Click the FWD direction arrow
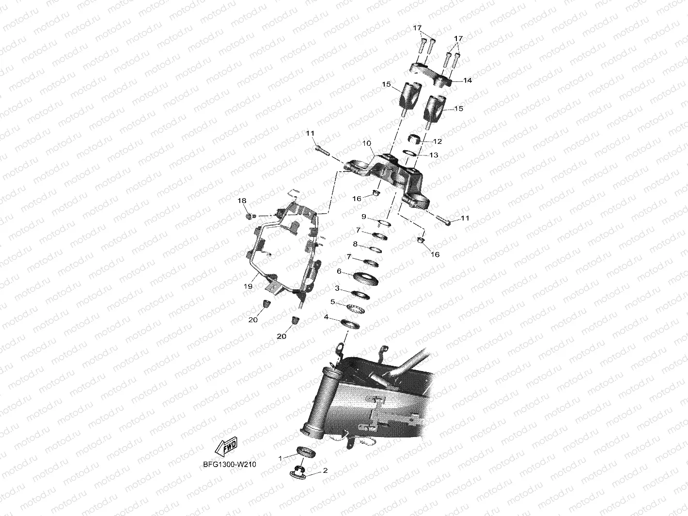226,446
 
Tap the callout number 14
468,80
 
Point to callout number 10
366,143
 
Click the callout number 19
248,286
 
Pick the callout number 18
242,201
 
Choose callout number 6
339,271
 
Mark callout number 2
325,470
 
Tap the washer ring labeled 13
410,153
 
